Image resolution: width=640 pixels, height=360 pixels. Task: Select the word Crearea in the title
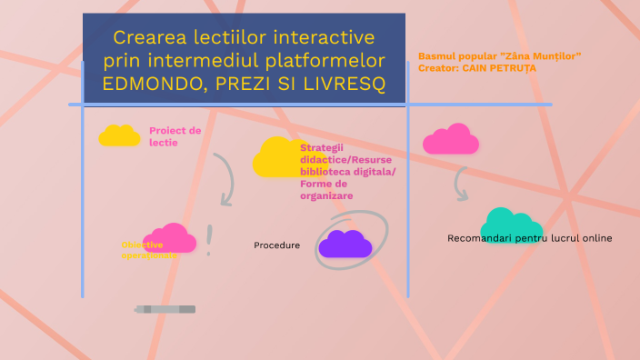[x=150, y=38]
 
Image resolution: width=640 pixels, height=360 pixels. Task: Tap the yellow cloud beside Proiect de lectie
[x=119, y=136]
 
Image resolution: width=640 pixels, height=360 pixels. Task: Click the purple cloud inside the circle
[x=345, y=244]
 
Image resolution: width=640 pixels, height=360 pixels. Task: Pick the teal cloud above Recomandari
[x=511, y=224]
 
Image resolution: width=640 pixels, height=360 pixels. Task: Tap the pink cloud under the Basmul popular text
[x=451, y=139]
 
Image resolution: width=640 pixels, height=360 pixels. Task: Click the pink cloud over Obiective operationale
[x=169, y=237]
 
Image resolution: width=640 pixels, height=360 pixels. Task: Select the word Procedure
[x=276, y=245]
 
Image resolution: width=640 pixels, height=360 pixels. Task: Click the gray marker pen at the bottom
[x=165, y=310]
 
